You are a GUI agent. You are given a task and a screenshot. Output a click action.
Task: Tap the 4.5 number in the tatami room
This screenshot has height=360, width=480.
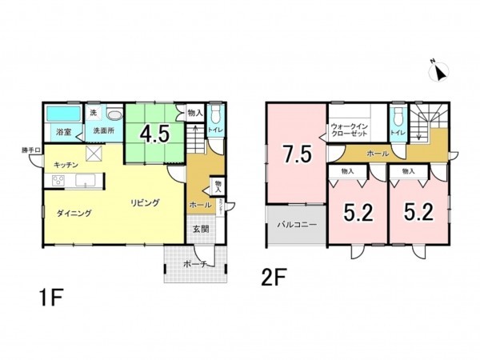coord(153,133)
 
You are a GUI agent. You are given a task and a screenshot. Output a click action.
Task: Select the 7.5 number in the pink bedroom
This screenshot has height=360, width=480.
coord(295,154)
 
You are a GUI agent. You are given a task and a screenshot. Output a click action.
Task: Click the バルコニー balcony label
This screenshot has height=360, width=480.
coord(297,225)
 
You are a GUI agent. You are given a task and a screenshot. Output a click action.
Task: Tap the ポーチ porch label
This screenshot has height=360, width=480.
coord(195,263)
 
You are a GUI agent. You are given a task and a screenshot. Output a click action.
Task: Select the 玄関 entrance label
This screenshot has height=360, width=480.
coord(200,229)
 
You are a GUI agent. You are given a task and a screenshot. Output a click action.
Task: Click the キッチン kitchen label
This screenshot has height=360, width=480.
coord(66,164)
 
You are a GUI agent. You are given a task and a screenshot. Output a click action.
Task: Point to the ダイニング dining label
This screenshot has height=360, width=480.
coord(74,214)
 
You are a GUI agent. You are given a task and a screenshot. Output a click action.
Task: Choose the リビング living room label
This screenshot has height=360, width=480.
coord(146,203)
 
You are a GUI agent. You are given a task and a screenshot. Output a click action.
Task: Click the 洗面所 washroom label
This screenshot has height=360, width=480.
coord(102,131)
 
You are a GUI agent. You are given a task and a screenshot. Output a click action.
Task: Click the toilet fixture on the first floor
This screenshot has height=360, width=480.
coord(216,113)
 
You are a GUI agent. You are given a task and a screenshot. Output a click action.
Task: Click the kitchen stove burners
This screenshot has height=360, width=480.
coord(58,181)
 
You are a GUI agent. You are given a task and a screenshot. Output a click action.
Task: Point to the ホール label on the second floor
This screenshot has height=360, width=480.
coord(378,153)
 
